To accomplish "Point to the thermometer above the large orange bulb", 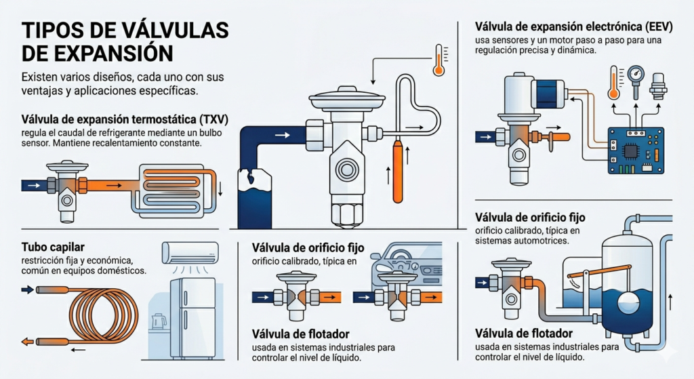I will point(438,60).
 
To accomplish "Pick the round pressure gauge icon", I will point(636,75).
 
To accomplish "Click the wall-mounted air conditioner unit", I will point(189,252).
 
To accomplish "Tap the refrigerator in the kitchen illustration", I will point(192,317).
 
